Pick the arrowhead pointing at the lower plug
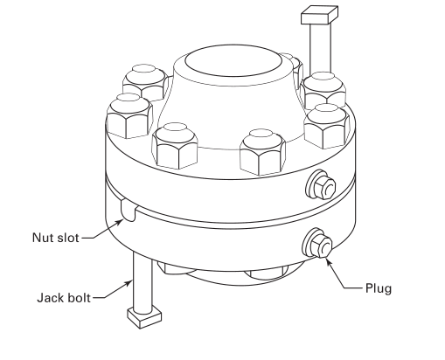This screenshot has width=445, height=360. [329, 256]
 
